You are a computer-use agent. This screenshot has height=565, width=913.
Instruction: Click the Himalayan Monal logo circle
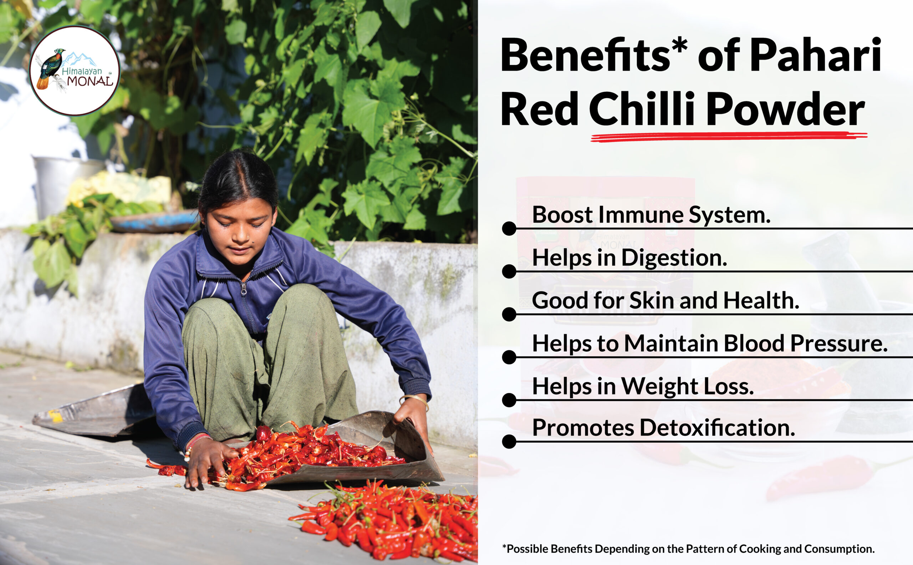point(75,71)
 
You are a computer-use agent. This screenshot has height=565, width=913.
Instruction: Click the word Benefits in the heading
point(585,55)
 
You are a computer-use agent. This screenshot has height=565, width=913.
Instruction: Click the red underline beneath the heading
point(729,137)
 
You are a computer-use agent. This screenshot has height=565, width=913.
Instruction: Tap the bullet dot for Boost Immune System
point(509,228)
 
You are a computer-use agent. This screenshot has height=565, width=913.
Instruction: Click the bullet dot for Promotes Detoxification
point(509,441)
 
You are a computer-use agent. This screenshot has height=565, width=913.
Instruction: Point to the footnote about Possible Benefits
point(688,549)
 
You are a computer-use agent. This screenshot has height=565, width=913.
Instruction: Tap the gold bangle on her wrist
point(414,401)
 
